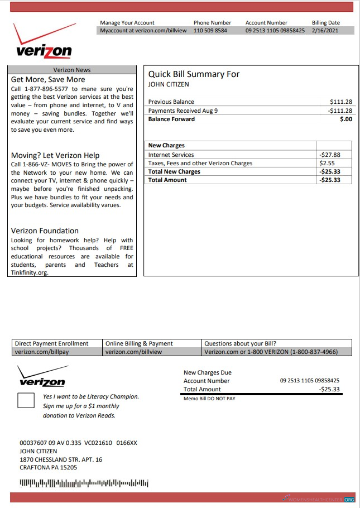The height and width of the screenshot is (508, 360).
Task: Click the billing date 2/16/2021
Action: pos(325,31)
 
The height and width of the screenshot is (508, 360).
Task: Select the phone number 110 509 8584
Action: pos(210,31)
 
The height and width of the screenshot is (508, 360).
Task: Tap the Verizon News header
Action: pos(72,70)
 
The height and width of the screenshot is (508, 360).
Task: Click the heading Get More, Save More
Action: pos(48,80)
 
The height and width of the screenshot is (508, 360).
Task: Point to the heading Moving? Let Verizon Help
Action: pos(55,155)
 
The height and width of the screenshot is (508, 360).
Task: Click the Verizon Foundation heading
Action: pos(45,231)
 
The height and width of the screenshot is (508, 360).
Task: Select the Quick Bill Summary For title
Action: pos(193,74)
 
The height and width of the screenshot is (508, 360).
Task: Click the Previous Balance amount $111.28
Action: pos(341,102)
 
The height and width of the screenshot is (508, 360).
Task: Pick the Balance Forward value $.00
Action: pos(346,119)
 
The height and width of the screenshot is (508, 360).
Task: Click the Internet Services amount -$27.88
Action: pos(329,155)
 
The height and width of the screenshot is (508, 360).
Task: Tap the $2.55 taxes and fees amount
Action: pos(327,163)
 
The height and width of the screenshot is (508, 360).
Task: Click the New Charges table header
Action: pos(166,145)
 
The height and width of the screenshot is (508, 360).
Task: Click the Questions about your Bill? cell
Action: pos(240,343)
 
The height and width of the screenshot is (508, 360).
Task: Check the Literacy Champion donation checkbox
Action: pos(26,401)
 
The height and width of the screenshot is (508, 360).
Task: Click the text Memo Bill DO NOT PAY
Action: pos(209,399)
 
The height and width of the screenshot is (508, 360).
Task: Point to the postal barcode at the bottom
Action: pos(84,483)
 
